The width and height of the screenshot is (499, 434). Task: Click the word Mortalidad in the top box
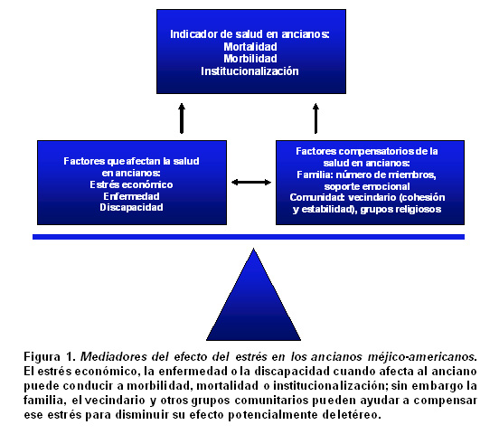[x=250, y=47]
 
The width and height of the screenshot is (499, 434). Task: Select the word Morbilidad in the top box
[x=250, y=59]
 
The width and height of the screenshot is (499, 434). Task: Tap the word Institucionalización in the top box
[x=249, y=71]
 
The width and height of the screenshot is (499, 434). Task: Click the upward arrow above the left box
[x=182, y=118]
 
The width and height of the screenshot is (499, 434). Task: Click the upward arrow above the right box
[x=315, y=118]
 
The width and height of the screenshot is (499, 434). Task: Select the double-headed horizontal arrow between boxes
[x=251, y=182]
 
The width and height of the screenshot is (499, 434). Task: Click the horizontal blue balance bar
[x=249, y=237]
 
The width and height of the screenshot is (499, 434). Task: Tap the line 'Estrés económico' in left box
[x=131, y=184]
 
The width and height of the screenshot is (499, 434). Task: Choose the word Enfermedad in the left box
[x=131, y=196]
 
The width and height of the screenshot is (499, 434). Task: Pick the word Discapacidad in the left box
[x=131, y=208]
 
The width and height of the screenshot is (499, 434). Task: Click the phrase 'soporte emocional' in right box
[x=367, y=186]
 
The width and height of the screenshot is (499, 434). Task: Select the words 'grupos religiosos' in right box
[x=400, y=209]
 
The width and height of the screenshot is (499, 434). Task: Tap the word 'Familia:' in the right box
[x=315, y=175]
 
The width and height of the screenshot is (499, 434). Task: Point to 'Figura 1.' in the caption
[x=50, y=356]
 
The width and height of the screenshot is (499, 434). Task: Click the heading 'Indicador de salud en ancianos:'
[x=249, y=34]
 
